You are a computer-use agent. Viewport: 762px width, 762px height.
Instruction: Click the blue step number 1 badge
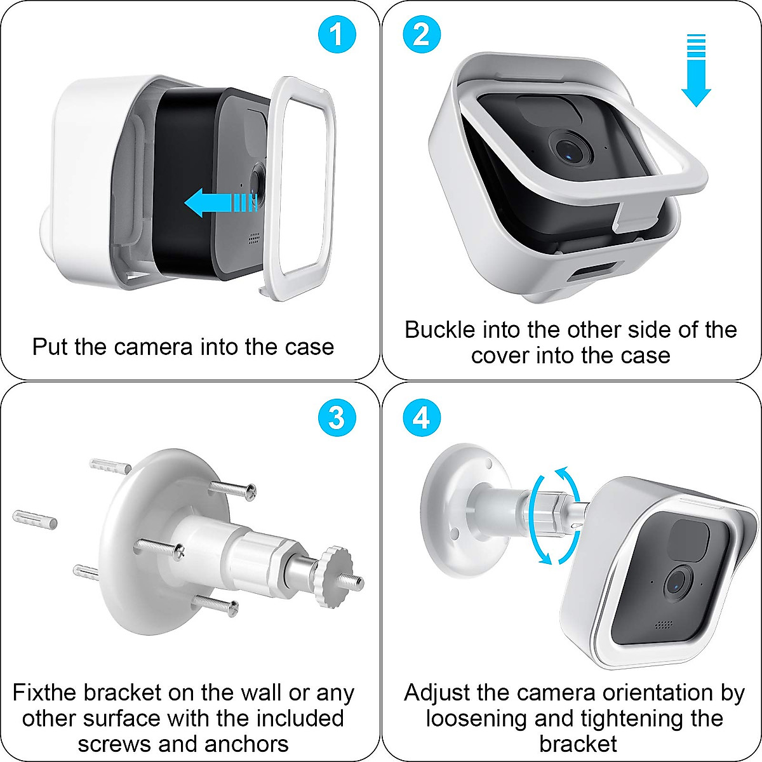337,34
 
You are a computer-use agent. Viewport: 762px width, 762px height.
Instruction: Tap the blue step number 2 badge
422,34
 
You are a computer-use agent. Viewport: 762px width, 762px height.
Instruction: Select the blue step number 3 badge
337,418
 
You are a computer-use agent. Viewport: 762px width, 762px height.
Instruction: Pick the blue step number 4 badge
422,418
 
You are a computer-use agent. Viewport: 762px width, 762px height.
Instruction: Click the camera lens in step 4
677,582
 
